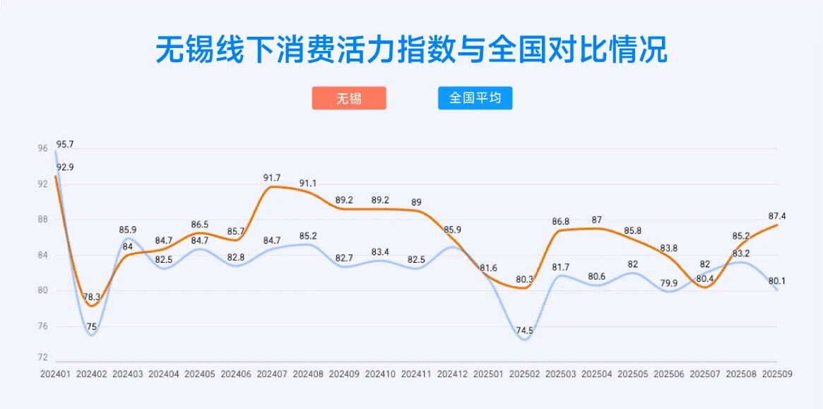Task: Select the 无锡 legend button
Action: pyautogui.click(x=349, y=98)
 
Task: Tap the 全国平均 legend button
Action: pyautogui.click(x=475, y=98)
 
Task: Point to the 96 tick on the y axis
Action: pyautogui.click(x=43, y=149)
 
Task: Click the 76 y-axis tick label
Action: pyautogui.click(x=43, y=326)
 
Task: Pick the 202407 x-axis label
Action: pyautogui.click(x=271, y=374)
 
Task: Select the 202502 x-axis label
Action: pyautogui.click(x=525, y=374)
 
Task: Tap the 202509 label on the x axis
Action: pyautogui.click(x=778, y=374)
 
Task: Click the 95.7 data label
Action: pyautogui.click(x=65, y=145)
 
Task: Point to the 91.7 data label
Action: pyautogui.click(x=272, y=178)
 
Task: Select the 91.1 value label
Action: pyautogui.click(x=308, y=183)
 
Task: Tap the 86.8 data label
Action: pyautogui.click(x=561, y=222)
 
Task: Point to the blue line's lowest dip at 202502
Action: pyautogui.click(x=524, y=340)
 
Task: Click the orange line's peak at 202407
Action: pyautogui.click(x=271, y=186)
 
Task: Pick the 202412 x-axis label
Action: pyautogui.click(x=452, y=374)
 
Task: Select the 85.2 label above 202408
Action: pyautogui.click(x=308, y=236)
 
